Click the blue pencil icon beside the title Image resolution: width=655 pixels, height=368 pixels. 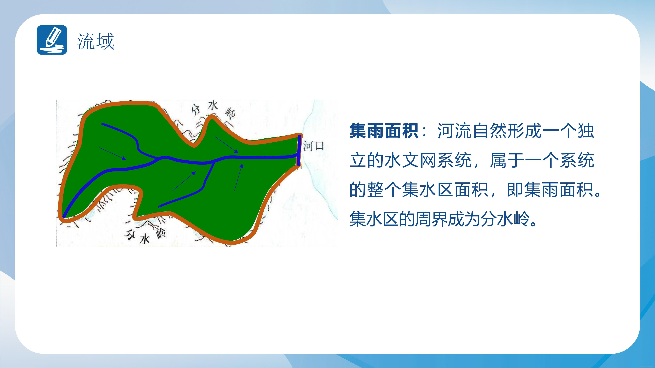52,40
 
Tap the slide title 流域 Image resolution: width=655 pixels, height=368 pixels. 96,41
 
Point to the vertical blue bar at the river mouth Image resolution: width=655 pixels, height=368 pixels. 299,150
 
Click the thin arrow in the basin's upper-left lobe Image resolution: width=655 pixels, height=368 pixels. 113,154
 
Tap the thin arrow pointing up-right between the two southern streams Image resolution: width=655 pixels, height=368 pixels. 184,181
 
